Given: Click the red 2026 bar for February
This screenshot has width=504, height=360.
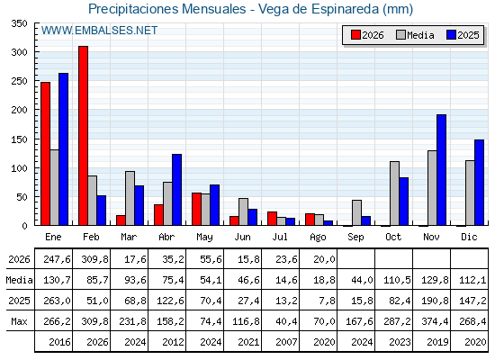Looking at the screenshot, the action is coord(83,135).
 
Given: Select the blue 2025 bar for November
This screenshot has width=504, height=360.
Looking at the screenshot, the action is coord(441,170).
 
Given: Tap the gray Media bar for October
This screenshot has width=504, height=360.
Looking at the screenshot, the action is coord(394,193).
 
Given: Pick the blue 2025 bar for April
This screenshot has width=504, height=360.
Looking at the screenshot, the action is coord(176,190).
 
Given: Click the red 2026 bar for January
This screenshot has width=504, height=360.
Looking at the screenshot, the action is coord(46,154).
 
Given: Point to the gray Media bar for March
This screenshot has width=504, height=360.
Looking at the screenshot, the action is coord(130,198).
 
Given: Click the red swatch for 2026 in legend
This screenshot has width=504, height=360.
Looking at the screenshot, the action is coord(355,35).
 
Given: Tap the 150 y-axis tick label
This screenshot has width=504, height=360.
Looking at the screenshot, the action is coord(19,139).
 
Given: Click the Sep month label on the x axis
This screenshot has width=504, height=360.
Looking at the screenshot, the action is coord(355,238).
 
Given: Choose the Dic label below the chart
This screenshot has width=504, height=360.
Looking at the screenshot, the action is coord(469,237).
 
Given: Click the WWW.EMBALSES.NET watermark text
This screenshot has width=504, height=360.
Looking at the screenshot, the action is coord(99,31).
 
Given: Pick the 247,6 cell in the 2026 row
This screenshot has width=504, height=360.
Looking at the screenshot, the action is coord(57,259).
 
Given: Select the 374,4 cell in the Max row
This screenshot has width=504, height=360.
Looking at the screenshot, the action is coord(435,321).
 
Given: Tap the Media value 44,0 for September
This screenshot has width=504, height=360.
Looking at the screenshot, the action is coord(362,280).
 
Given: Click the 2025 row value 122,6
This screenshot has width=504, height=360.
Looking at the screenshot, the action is coord(170,301).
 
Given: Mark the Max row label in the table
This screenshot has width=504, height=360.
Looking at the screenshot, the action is coord(19,321).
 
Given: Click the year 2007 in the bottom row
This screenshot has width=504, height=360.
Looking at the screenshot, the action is coord(286,342).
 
